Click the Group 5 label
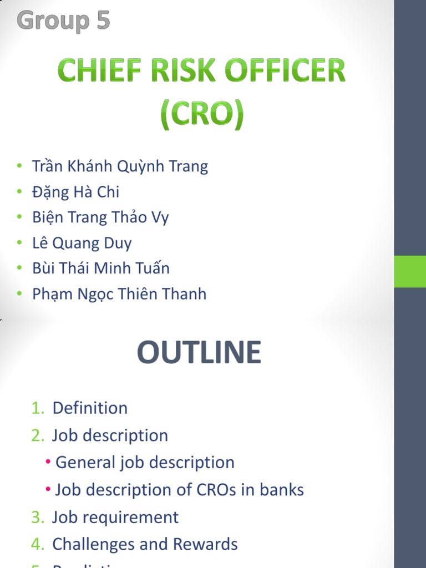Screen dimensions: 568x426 [x=63, y=21]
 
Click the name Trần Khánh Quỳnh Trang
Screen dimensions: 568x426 [x=120, y=166]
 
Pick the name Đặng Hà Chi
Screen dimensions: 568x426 [x=75, y=192]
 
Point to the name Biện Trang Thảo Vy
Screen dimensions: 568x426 [x=100, y=217]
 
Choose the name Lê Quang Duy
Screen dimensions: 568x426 [x=82, y=243]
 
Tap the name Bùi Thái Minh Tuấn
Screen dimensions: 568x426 [x=101, y=268]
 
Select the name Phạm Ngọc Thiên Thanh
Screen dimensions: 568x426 [x=119, y=294]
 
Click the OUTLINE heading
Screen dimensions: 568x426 [x=199, y=353]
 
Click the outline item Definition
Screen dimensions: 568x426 [x=90, y=408]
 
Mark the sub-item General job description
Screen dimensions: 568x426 [x=145, y=463]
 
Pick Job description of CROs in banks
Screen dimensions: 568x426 [x=180, y=490]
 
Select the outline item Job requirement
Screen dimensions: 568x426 [x=115, y=517]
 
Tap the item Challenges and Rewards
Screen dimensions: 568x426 [x=145, y=544]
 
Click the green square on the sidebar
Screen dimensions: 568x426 [x=410, y=271]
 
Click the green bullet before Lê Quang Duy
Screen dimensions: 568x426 [x=19, y=243]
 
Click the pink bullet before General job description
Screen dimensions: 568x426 [x=49, y=463]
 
